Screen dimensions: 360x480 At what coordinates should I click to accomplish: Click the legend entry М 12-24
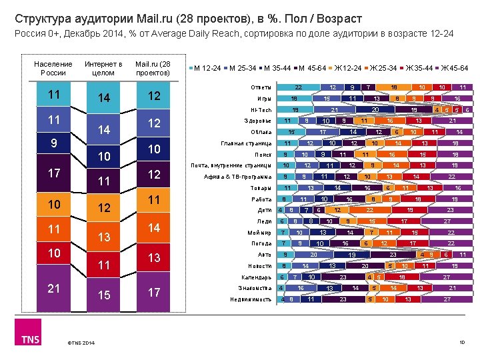tap(208, 68)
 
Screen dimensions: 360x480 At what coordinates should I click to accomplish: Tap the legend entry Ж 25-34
tap(383, 68)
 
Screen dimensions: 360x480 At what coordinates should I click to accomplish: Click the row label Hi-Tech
tap(261, 110)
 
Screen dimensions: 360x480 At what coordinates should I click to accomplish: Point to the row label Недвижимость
tap(251, 299)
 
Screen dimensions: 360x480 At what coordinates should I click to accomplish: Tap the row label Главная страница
tap(246, 143)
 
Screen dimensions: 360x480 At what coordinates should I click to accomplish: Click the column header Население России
tap(53, 68)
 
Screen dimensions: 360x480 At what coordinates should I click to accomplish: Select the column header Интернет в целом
tap(103, 68)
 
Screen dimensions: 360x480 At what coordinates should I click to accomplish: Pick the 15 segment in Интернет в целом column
tap(103, 293)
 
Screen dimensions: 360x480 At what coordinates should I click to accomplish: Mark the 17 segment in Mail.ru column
tap(154, 292)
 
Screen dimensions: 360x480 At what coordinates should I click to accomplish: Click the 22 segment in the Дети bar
tap(369, 210)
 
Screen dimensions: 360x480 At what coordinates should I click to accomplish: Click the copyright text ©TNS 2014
tap(81, 343)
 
